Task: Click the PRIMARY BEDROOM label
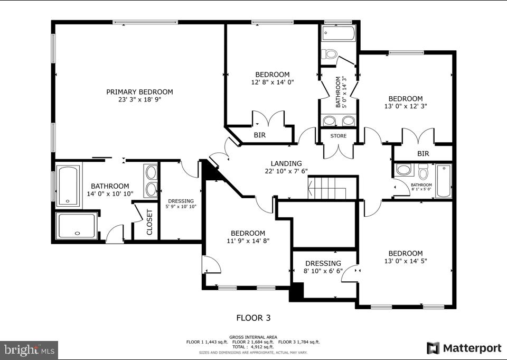click(x=139, y=91)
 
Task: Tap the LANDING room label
click(x=286, y=163)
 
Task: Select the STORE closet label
click(x=339, y=136)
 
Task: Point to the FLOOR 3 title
click(x=253, y=318)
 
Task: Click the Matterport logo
click(x=464, y=348)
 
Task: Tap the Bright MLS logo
click(x=30, y=349)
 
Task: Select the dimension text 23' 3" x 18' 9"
click(x=139, y=99)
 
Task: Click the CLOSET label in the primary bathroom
click(x=149, y=221)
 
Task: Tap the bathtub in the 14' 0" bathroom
click(x=69, y=186)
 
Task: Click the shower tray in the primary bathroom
click(x=77, y=226)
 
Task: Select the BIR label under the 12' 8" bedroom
click(x=259, y=135)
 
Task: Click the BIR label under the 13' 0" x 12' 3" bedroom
click(x=423, y=154)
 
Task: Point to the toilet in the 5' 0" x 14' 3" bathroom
click(x=331, y=53)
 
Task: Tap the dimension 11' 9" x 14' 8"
click(x=248, y=241)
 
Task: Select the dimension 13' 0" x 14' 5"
click(x=406, y=261)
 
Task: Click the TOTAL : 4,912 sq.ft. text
click(x=253, y=346)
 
